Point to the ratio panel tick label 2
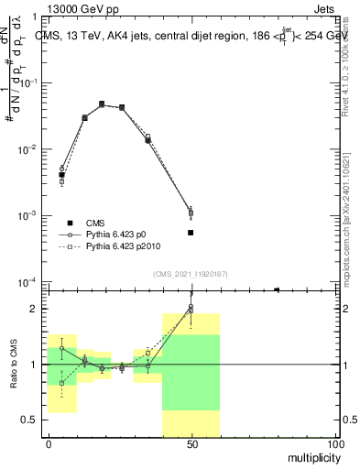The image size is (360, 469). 32,309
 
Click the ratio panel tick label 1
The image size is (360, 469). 32,365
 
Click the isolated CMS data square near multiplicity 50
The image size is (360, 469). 191,233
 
